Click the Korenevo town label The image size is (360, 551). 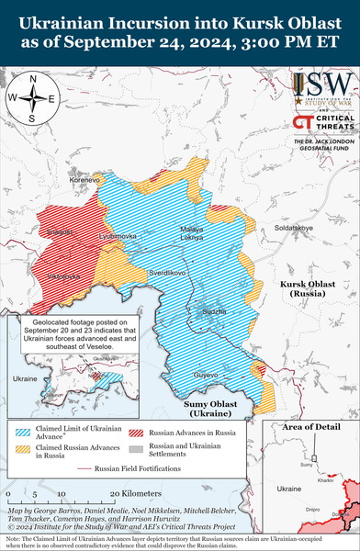pos(85,181)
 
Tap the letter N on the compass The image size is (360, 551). pos(31,80)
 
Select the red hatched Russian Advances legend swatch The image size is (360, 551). pos(135,430)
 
